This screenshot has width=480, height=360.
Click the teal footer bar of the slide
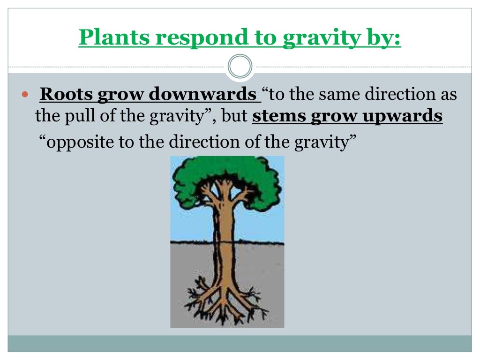pyautogui.click(x=240, y=343)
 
